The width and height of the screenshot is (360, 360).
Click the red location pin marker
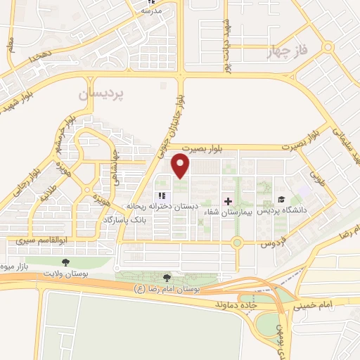[x=181, y=165]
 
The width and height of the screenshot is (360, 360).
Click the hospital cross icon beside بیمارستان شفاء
[x=227, y=200]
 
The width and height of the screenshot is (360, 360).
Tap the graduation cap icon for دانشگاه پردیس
[x=281, y=200]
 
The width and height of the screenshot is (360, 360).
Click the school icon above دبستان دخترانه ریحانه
[x=162, y=196]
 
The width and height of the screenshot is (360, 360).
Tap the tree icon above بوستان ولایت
[x=65, y=262]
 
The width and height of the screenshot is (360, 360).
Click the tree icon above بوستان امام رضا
[x=166, y=278]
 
